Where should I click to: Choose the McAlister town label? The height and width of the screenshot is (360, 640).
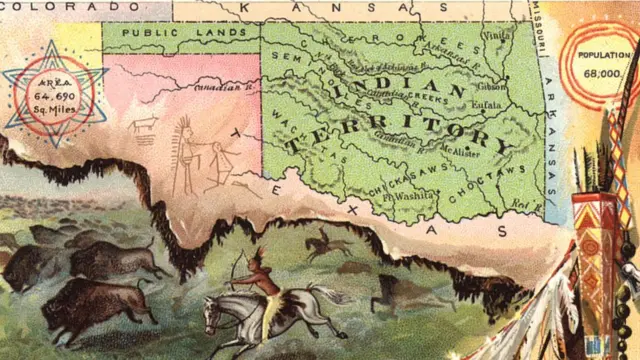pyautogui.click(x=459, y=152)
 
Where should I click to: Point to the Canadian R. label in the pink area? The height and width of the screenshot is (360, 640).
pyautogui.click(x=226, y=87)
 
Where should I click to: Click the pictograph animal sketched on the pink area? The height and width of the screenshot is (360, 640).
pyautogui.click(x=146, y=125)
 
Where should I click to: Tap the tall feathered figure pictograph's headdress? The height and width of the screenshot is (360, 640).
pyautogui.click(x=182, y=130)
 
